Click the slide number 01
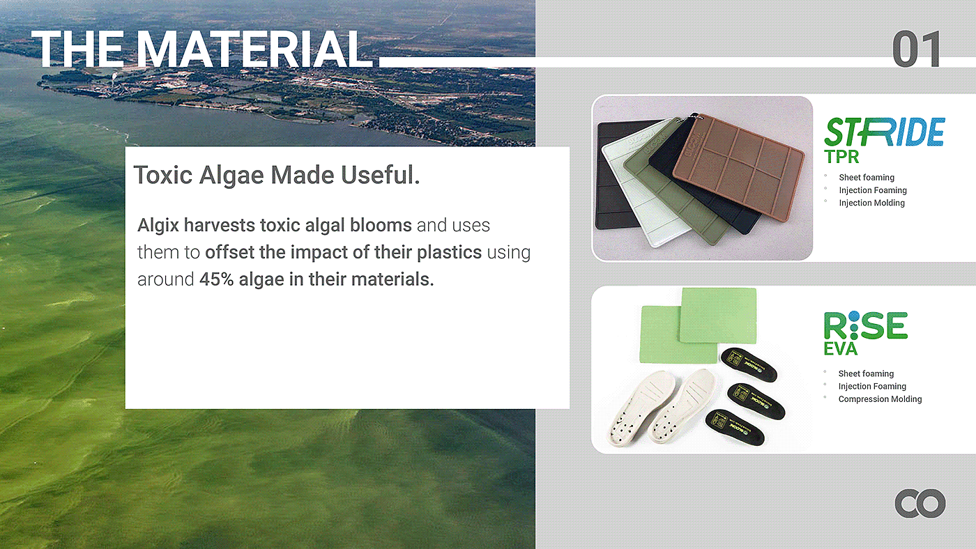tap(916, 49)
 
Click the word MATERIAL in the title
tap(255, 49)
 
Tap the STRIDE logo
tap(885, 132)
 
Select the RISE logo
tap(866, 325)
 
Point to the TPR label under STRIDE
tap(841, 157)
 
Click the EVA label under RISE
tap(841, 349)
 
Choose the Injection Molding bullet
tap(871, 203)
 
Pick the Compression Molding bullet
tap(880, 399)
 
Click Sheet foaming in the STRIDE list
tap(866, 177)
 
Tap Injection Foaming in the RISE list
tap(872, 386)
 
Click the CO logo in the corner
tap(920, 504)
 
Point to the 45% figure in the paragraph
tap(217, 279)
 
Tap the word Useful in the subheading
tap(381, 175)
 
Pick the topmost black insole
tap(749, 364)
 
